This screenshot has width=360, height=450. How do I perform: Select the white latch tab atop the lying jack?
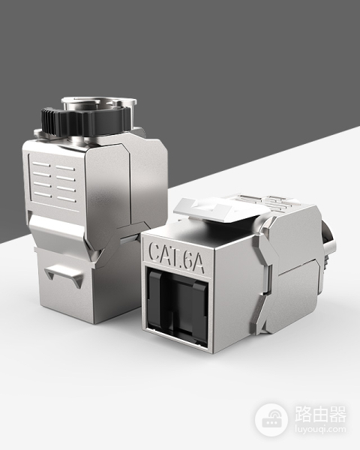[x=219, y=209]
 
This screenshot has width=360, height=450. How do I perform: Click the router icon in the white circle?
[x=271, y=421]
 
